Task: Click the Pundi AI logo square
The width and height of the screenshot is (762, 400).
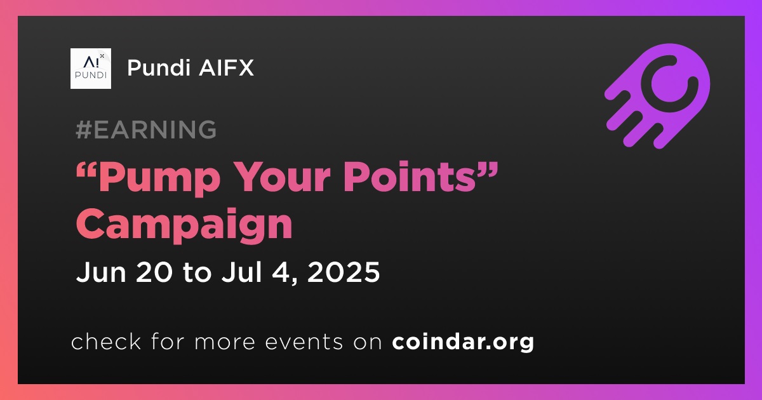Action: (90, 69)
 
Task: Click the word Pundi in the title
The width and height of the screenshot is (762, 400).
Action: (159, 67)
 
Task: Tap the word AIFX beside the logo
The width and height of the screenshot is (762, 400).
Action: (226, 67)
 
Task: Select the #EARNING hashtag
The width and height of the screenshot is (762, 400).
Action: (146, 130)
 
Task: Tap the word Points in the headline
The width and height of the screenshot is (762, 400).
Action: (409, 177)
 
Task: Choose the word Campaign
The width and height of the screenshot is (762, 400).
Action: (184, 225)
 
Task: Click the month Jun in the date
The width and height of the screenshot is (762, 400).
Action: (101, 272)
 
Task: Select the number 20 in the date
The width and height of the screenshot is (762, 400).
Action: (154, 272)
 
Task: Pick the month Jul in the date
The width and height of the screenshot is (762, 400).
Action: (242, 272)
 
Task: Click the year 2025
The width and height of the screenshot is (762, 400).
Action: (344, 272)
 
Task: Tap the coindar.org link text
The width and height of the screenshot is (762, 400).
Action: (463, 342)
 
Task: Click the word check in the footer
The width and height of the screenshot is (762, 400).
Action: (106, 341)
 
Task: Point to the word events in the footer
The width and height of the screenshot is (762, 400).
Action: (304, 342)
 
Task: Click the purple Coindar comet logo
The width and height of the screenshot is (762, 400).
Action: (658, 96)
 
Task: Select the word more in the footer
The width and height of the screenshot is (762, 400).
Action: (225, 342)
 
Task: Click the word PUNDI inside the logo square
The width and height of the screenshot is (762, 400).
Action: (90, 75)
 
